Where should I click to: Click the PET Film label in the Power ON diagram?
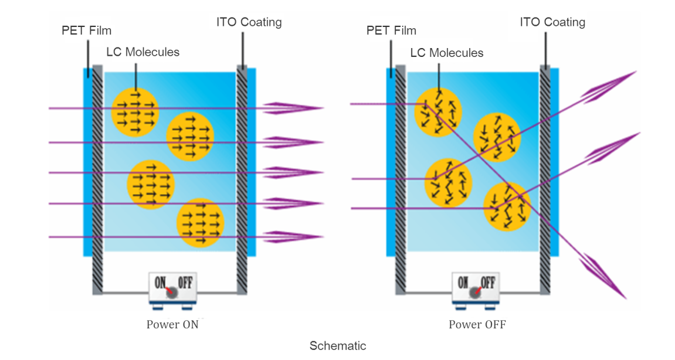86,30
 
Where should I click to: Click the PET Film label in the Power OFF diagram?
391,30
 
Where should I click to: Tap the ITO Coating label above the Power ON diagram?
249,22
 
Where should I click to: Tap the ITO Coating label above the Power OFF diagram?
552,22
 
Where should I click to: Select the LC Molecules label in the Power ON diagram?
143,52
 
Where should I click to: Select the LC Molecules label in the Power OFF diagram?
447,53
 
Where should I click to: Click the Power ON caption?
172,324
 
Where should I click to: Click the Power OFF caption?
477,324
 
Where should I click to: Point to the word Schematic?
338,346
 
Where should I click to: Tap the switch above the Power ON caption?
172,288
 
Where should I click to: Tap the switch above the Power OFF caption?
477,288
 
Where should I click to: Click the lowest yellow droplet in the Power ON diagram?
201,223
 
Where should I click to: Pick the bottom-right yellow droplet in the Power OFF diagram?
507,207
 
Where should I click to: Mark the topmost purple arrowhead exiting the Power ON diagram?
293,108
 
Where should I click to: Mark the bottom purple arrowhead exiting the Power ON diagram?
293,237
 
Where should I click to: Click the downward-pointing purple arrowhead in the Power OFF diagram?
604,276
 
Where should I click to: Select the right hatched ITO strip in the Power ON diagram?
242,176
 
